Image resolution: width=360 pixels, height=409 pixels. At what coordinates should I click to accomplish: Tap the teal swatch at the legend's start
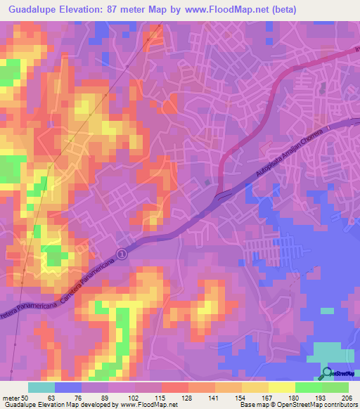coord(41,387)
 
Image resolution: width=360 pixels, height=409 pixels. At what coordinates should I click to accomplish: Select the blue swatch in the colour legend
coord(68,387)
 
